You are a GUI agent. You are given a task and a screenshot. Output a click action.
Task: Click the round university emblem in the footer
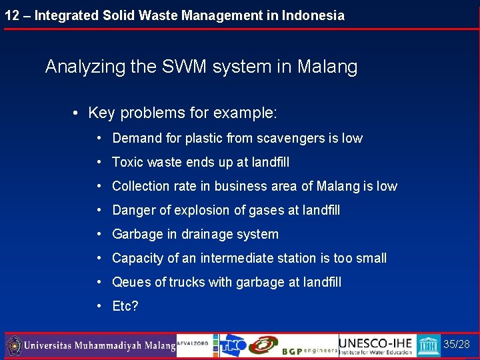coord(14,346)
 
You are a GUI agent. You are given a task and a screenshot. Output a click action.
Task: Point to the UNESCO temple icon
coord(429,346)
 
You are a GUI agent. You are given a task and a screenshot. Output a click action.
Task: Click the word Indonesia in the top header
coord(313,15)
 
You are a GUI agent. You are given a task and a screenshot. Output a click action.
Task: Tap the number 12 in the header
coord(11,15)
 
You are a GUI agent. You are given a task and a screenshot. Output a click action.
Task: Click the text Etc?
coord(125,307)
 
